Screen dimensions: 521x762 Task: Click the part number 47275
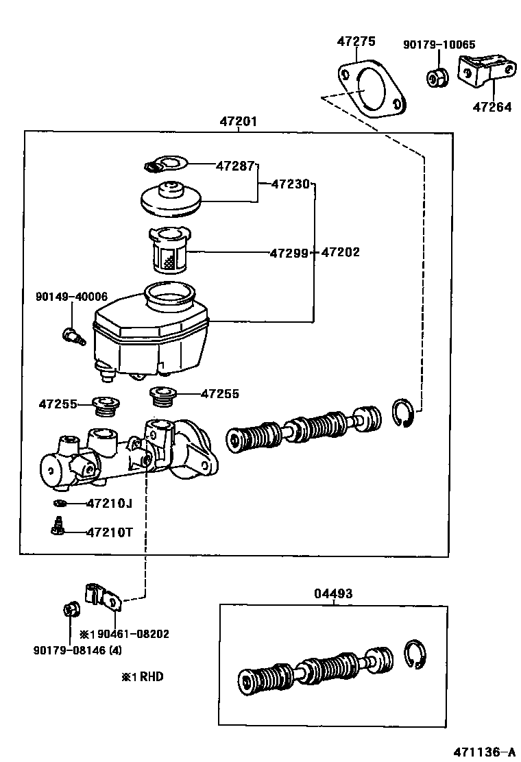(x=356, y=41)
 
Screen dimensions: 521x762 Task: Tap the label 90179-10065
(x=439, y=45)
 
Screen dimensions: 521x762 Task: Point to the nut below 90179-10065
(x=437, y=77)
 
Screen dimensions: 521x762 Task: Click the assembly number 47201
(x=238, y=121)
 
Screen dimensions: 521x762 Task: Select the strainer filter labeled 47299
(x=169, y=250)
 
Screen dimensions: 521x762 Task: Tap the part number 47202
(x=340, y=251)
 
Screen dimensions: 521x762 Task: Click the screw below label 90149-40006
(x=74, y=336)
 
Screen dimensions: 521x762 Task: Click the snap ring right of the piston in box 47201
(x=402, y=413)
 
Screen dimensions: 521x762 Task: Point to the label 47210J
(x=110, y=503)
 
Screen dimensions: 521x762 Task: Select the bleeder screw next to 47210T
(x=58, y=526)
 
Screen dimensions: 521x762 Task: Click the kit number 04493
(x=333, y=593)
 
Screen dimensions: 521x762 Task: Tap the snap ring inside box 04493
(x=415, y=654)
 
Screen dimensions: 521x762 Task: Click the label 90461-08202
(x=133, y=634)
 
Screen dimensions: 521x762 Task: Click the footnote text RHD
(x=152, y=676)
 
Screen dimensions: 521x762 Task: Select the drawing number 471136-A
(x=484, y=752)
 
